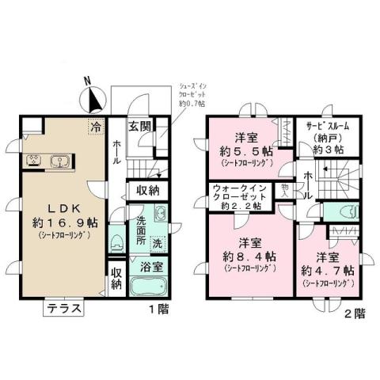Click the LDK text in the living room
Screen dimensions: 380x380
click(x=55, y=204)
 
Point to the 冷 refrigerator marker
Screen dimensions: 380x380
click(x=96, y=125)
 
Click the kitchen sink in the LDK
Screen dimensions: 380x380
click(x=58, y=162)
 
